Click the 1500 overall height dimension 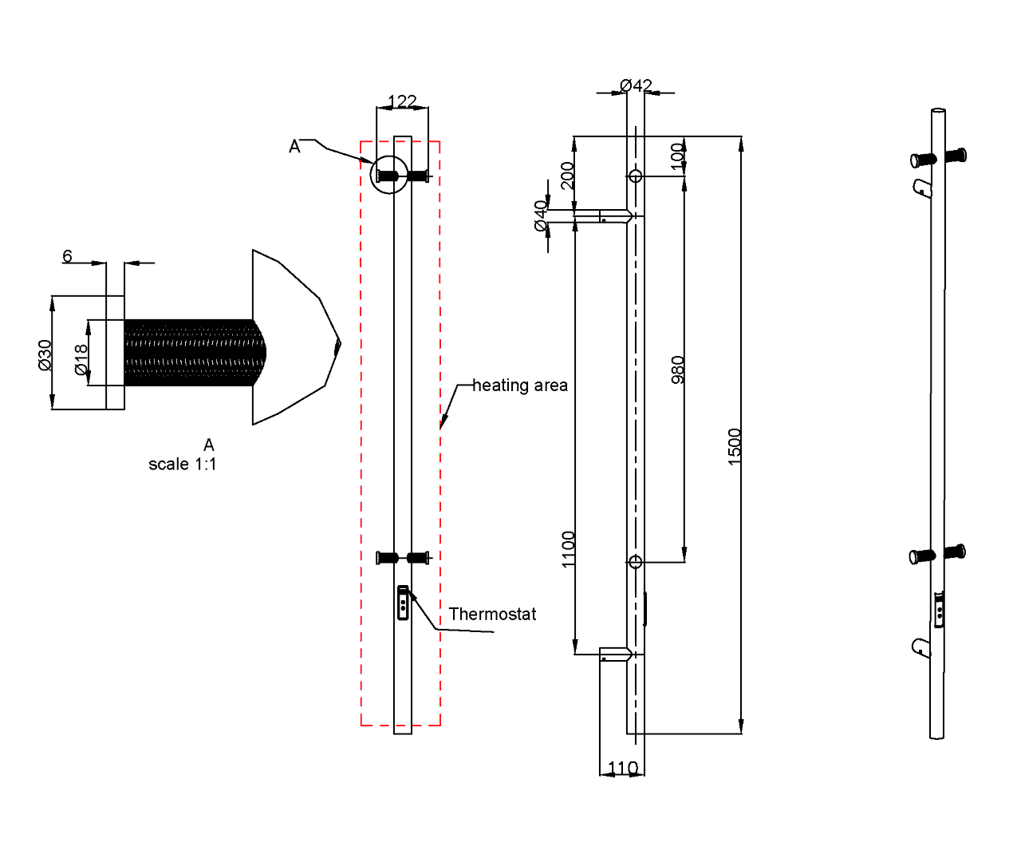(735, 446)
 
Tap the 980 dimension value (678, 370)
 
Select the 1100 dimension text (568, 549)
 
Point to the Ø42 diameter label (636, 85)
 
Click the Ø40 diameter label (541, 215)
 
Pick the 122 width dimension (402, 101)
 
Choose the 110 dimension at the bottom (622, 768)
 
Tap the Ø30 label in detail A (45, 354)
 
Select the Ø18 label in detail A (81, 359)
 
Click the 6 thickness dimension (67, 255)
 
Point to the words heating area (520, 386)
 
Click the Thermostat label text (492, 614)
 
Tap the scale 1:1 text (182, 464)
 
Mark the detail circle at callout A (389, 175)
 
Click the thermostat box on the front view (403, 603)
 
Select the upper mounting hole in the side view (635, 176)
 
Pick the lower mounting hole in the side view (635, 562)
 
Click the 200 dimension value (567, 175)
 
